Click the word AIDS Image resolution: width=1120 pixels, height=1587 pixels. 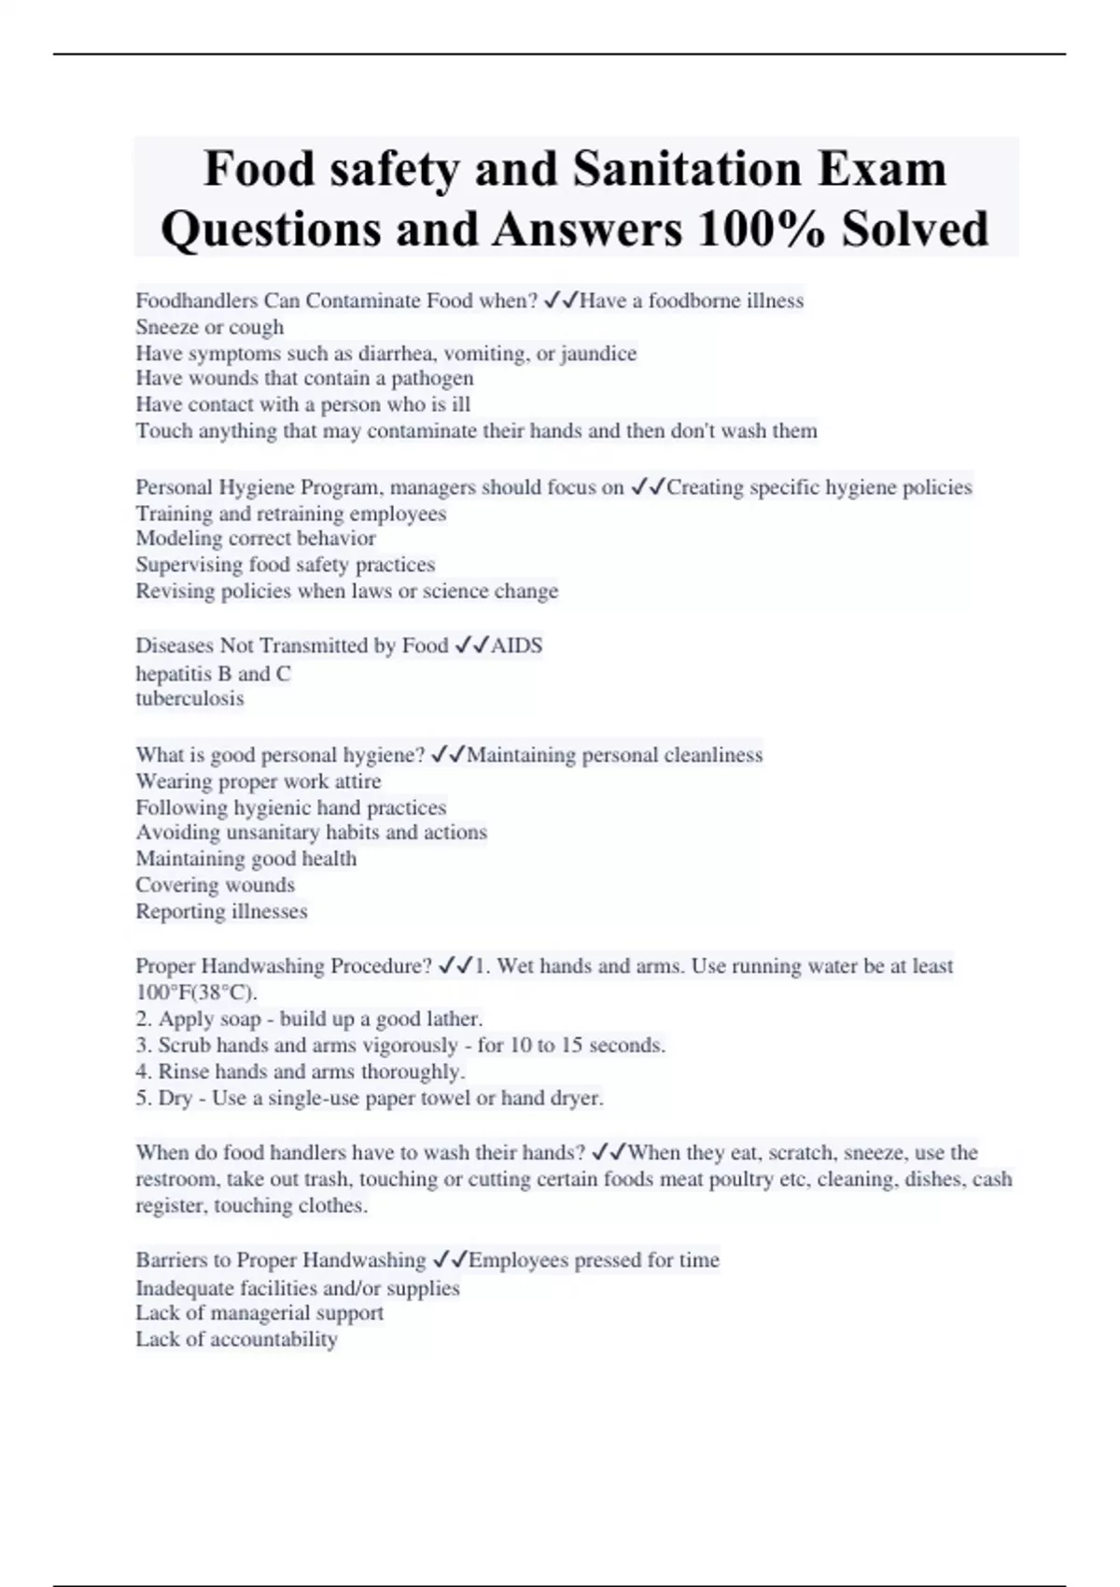(516, 646)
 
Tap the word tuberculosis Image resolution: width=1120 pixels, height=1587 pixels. (189, 699)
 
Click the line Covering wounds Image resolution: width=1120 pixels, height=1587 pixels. (215, 885)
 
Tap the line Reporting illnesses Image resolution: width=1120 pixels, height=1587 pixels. (221, 911)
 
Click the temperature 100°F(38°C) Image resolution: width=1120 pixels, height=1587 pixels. (196, 992)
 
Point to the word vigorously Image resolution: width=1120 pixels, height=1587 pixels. (408, 1046)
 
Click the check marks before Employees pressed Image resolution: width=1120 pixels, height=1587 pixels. (449, 1260)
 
